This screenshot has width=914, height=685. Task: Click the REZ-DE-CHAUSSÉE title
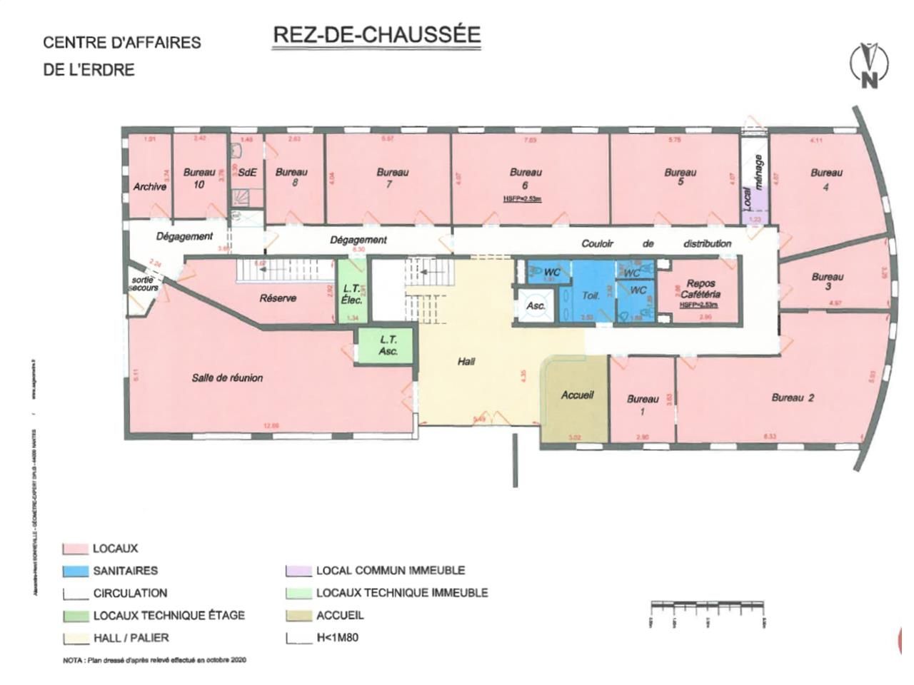376,36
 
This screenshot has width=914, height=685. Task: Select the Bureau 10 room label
199,178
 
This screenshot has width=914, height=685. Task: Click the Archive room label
150,186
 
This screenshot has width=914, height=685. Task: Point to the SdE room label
247,172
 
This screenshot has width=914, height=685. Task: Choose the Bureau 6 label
526,178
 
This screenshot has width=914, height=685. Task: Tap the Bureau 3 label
827,281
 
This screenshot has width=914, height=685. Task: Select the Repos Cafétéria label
700,288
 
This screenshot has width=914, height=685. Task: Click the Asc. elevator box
536,305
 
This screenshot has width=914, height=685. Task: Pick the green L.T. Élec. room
352,293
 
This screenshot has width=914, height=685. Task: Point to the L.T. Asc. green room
388,345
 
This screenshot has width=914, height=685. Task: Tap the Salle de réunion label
227,377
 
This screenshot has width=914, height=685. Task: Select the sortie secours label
144,283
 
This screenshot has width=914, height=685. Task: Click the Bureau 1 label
642,405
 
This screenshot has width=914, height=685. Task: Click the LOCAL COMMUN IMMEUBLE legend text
391,570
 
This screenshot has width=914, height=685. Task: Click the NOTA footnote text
154,661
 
